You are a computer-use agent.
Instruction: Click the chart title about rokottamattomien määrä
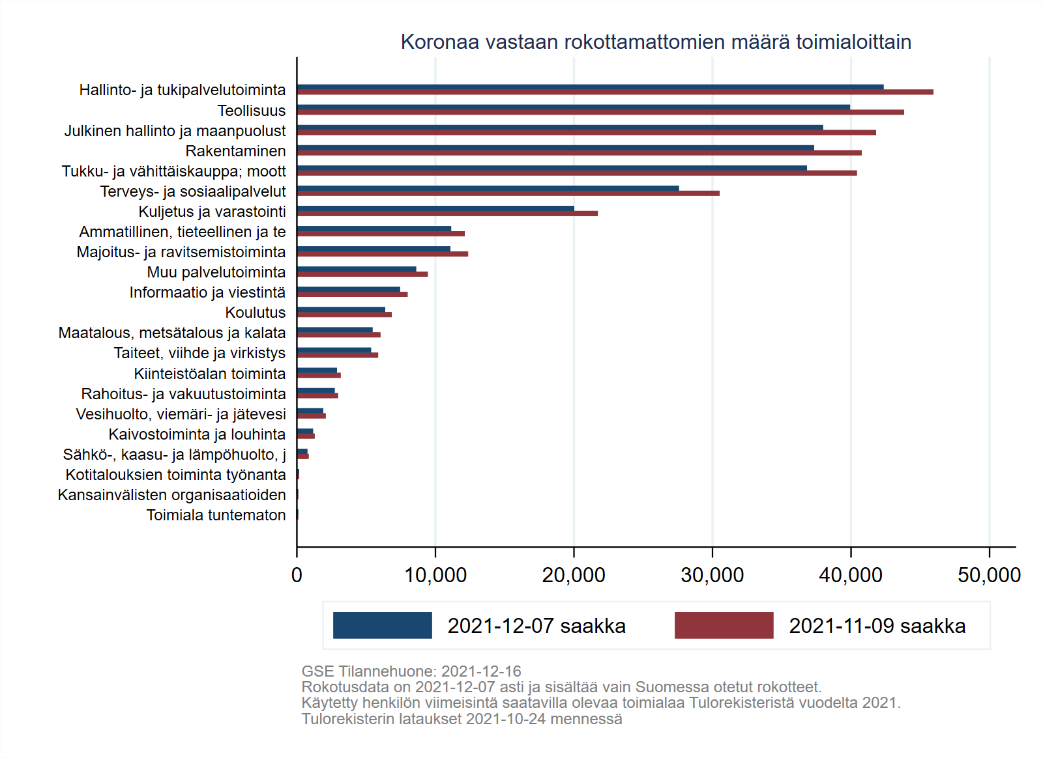coord(656,42)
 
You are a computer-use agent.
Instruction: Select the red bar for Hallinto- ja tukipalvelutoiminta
coord(615,92)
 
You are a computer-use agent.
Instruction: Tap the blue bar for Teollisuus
coord(573,107)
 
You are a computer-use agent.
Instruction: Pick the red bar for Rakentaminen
coord(579,153)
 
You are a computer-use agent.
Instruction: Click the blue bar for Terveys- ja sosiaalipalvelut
coord(488,188)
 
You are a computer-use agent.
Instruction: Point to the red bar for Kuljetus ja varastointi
coord(447,214)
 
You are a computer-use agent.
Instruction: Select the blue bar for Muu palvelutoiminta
coord(357,269)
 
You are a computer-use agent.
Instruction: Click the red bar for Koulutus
coord(344,315)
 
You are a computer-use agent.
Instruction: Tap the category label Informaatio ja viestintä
coord(207,292)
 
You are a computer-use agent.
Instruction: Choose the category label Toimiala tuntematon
coord(216,515)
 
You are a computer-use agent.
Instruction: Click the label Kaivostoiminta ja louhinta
coord(197,434)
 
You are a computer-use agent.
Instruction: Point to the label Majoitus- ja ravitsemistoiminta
coord(181,252)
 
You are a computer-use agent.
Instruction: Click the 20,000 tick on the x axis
coord(574,575)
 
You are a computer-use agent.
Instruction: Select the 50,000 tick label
coord(989,575)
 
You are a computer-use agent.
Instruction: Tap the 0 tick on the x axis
coord(297,575)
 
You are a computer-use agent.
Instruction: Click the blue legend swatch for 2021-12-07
coord(383,625)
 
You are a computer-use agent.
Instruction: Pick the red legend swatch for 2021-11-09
coord(724,625)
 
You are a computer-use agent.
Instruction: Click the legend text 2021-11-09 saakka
coord(877,626)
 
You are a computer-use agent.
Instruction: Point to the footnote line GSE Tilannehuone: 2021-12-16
coord(411,671)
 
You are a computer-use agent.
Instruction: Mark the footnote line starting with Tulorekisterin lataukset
coord(462,719)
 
